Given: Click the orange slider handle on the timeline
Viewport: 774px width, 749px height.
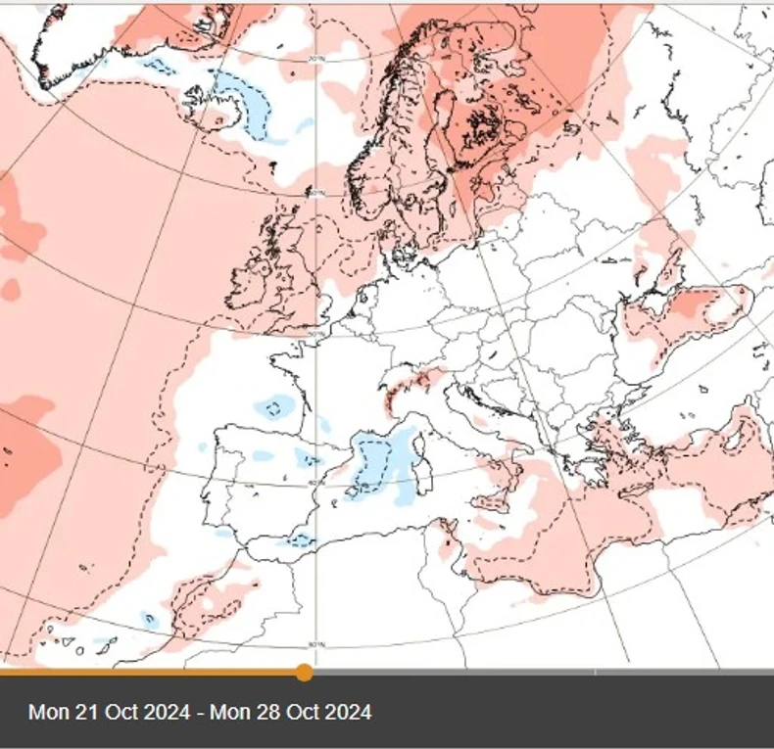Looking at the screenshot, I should (x=305, y=672).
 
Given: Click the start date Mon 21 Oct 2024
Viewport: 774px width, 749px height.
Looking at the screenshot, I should (x=109, y=712).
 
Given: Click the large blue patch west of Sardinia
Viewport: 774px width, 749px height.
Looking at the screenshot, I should (x=377, y=465).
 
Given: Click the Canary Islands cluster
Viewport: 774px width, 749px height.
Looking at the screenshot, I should (x=83, y=646).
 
